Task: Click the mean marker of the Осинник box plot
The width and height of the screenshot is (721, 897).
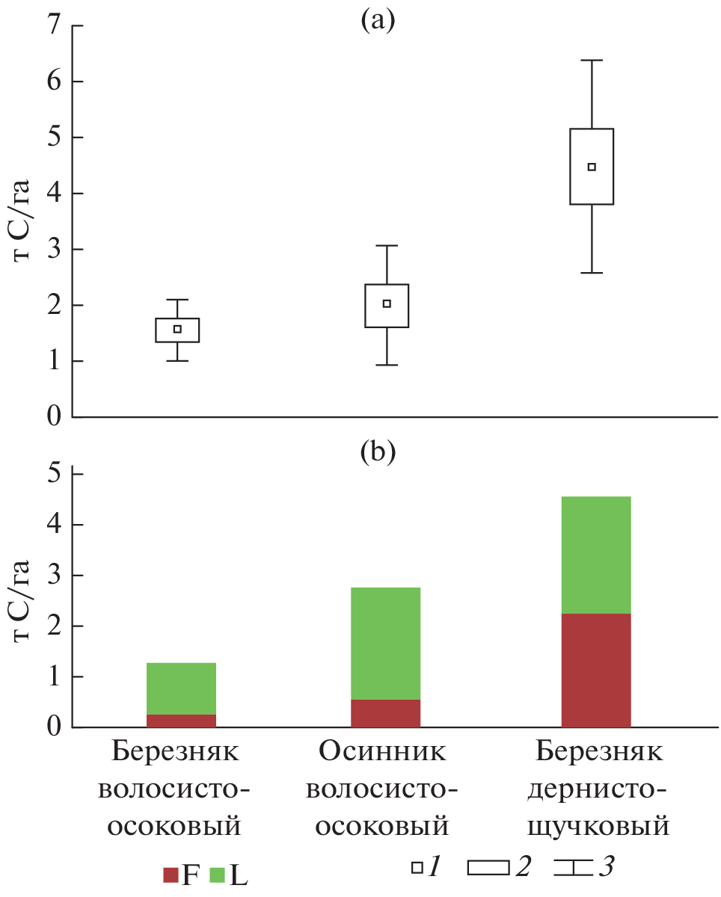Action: (387, 303)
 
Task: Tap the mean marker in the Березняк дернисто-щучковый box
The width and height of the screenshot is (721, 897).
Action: (592, 167)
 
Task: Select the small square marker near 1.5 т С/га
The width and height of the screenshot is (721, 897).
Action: (177, 329)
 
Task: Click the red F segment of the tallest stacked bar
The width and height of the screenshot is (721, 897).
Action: (596, 670)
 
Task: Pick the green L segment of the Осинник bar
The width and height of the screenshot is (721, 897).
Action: (385, 643)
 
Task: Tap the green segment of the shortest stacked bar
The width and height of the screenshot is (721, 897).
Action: (181, 688)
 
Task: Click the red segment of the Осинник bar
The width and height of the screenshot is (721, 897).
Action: (385, 713)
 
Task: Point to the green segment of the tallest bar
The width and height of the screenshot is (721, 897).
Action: (596, 555)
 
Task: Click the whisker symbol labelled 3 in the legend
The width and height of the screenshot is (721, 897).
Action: (572, 868)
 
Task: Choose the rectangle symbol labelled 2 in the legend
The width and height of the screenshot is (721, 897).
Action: (488, 868)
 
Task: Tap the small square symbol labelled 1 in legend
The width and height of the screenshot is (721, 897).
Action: (417, 868)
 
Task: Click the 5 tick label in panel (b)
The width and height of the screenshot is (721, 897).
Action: (55, 474)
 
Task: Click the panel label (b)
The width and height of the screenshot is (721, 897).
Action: (377, 451)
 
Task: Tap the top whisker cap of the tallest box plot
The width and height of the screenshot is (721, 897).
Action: (592, 60)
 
